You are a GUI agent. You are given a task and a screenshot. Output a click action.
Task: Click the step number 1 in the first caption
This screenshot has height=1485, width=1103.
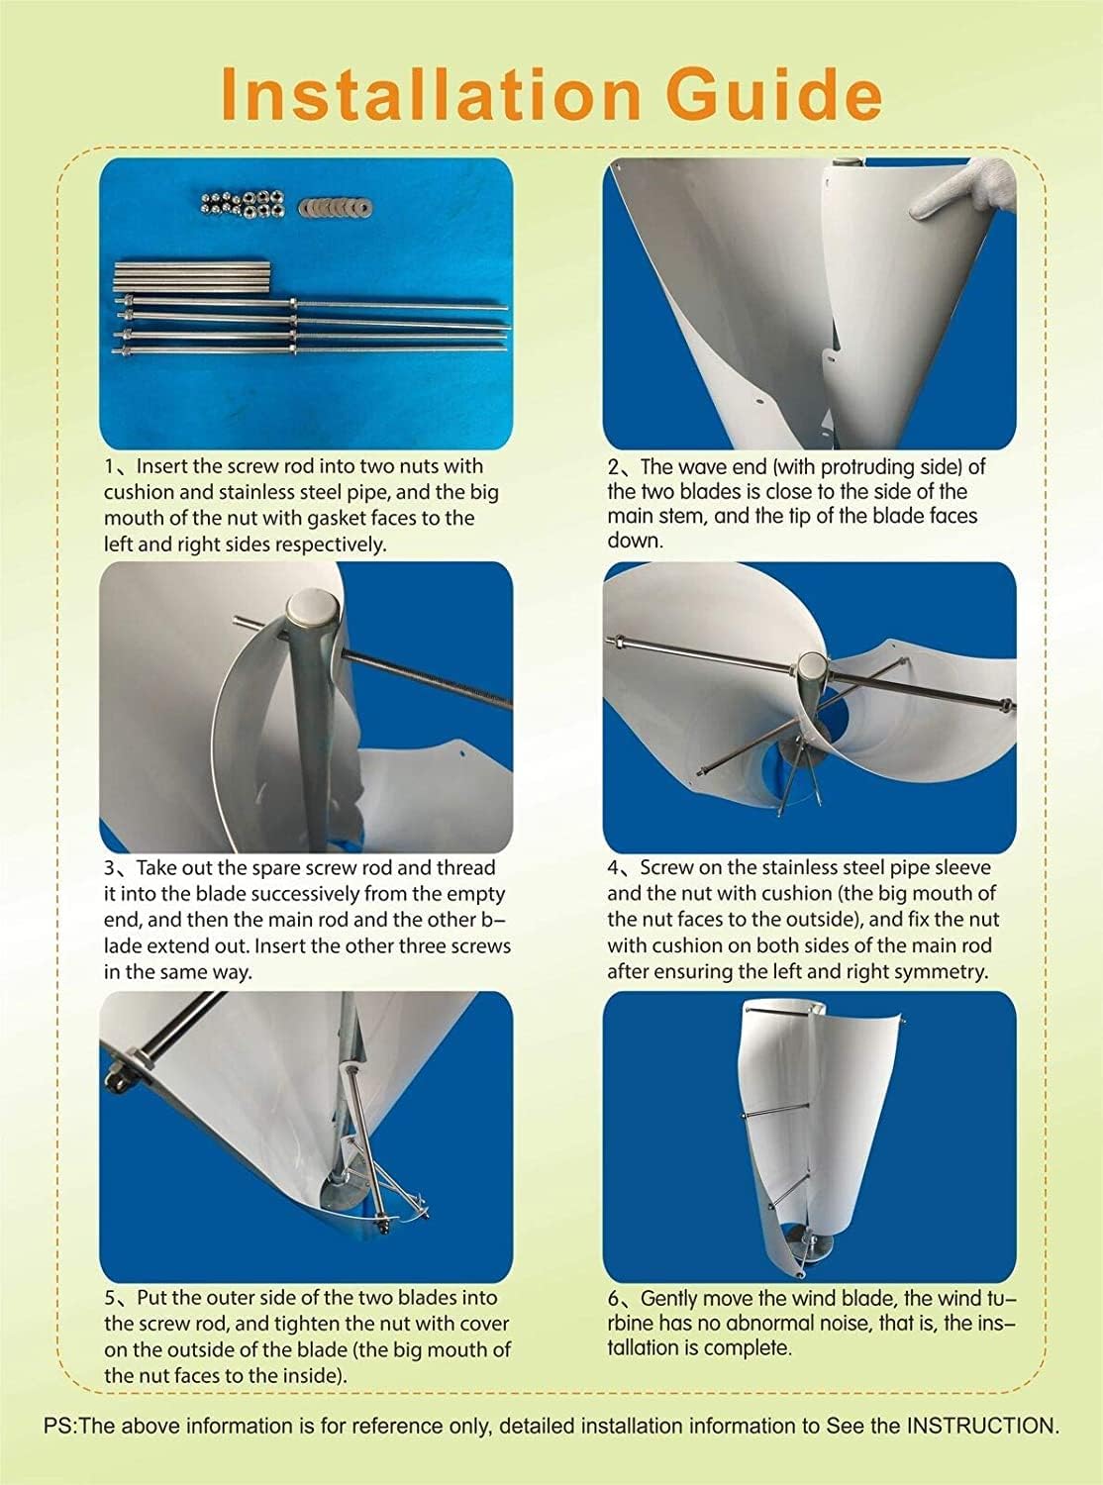pos(110,466)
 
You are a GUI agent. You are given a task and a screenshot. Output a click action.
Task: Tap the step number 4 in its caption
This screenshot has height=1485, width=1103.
pos(615,868)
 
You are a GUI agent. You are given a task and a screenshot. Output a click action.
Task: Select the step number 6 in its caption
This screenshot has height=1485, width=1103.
pos(614,1298)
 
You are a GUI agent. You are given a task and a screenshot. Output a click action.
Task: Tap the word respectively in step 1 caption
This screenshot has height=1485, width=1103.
pos(332,544)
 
